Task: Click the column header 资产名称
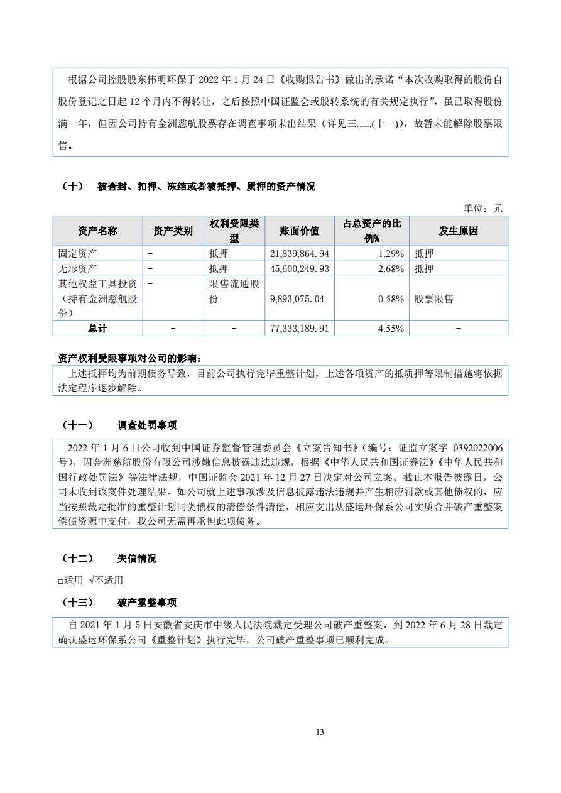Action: coord(97,231)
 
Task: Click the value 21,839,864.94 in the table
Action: coord(299,253)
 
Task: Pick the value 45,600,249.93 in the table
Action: coord(299,268)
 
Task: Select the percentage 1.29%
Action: coord(390,253)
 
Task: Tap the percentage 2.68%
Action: coord(390,268)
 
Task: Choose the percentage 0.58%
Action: coord(390,299)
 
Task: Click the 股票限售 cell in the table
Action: coord(433,299)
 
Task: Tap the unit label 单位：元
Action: coord(483,209)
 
